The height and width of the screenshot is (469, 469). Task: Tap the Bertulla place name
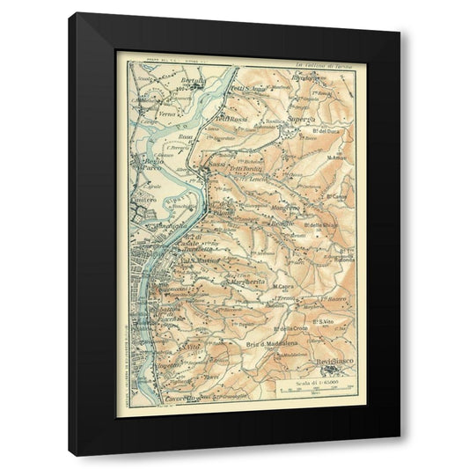point(191,81)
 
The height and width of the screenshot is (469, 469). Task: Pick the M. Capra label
point(282,286)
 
